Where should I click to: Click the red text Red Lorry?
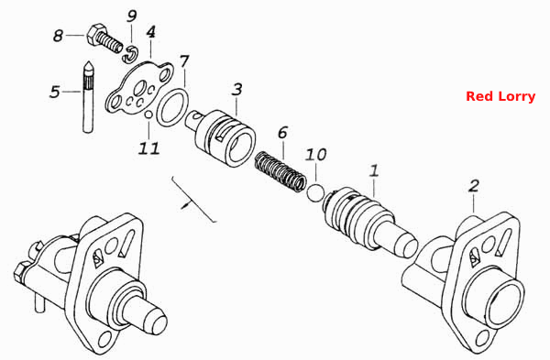500,96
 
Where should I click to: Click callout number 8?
59,36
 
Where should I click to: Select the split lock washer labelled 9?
131,54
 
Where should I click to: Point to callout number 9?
131,16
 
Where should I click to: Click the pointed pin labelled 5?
88,97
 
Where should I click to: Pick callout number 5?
55,92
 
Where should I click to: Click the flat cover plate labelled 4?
138,89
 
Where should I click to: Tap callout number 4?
151,32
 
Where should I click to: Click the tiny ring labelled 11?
148,115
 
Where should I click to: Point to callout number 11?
148,148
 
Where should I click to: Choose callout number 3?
237,89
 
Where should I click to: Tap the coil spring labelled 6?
280,171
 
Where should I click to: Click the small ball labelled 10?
315,192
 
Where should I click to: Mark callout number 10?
315,154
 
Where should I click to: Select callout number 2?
474,186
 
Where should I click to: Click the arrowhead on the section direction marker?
184,205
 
